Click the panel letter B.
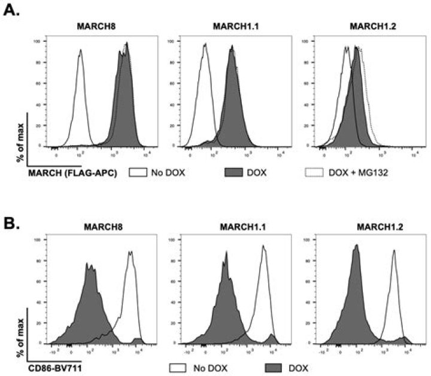pyautogui.click(x=10, y=210)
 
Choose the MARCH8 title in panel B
pyautogui.click(x=98, y=228)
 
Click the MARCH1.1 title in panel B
pyautogui.click(x=231, y=228)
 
